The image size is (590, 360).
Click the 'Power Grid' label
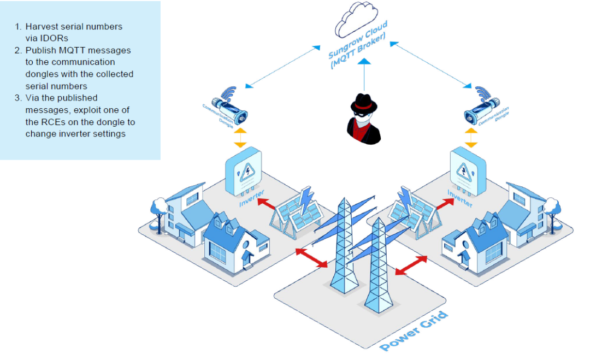click(x=414, y=331)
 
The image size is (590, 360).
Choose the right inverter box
click(x=467, y=170)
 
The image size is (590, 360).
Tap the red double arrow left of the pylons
click(x=311, y=257)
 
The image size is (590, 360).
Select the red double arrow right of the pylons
click(x=410, y=265)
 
